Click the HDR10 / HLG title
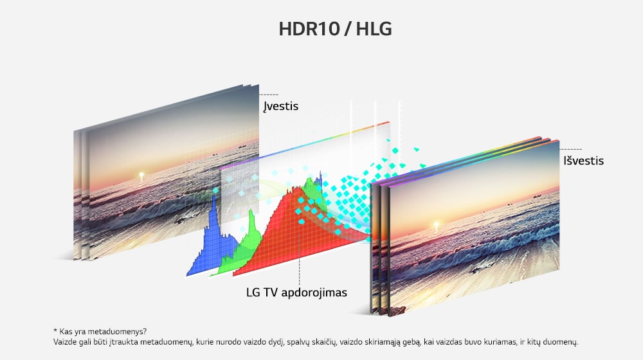click(335, 30)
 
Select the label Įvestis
click(281, 106)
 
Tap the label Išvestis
click(582, 161)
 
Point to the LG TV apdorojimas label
click(296, 292)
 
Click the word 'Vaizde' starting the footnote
click(64, 342)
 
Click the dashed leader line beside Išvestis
click(571, 149)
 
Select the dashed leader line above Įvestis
click(269, 94)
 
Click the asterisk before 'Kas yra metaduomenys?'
click(56, 331)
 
